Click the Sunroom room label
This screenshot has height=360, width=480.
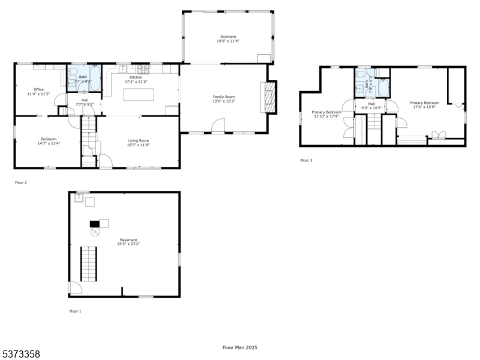pyautogui.click(x=227, y=37)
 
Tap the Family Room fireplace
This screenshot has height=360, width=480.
pyautogui.click(x=270, y=97)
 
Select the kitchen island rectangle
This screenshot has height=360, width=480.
pyautogui.click(x=138, y=95)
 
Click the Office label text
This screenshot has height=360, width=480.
pyautogui.click(x=38, y=89)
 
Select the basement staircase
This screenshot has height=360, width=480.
pyautogui.click(x=88, y=265)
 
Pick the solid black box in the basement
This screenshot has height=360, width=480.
pyautogui.click(x=94, y=224)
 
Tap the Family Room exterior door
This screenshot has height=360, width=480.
pyautogui.click(x=218, y=125)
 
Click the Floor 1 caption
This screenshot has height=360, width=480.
pyautogui.click(x=75, y=311)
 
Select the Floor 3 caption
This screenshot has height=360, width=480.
pyautogui.click(x=306, y=160)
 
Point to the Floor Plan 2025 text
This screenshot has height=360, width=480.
pyautogui.click(x=239, y=347)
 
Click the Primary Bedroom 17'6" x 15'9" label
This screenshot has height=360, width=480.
pyautogui.click(x=424, y=105)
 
